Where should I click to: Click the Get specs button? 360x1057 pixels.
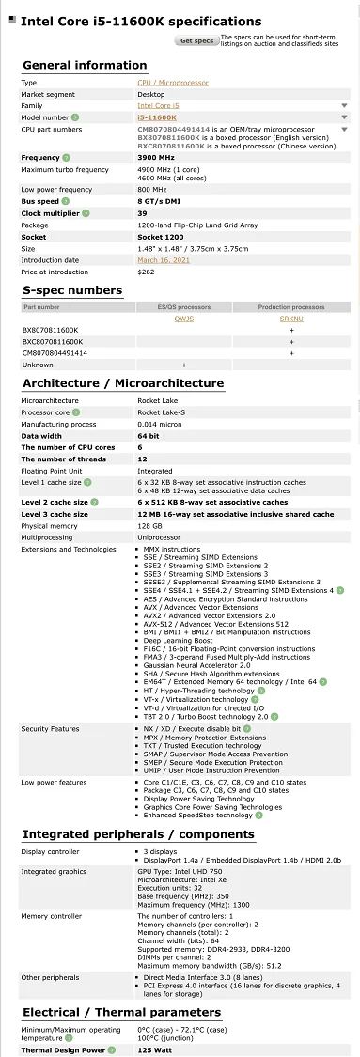(x=196, y=40)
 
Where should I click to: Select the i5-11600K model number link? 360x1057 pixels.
(x=156, y=117)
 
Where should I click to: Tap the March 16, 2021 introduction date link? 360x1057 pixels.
(x=164, y=260)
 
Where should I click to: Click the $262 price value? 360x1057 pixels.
(x=146, y=272)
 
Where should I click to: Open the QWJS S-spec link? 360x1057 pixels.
(x=183, y=318)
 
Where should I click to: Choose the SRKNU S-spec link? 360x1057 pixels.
(x=291, y=318)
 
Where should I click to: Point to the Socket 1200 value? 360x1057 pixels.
(x=161, y=238)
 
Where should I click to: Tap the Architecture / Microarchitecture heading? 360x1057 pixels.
(x=123, y=382)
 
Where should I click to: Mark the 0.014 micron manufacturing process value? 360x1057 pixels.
(x=163, y=423)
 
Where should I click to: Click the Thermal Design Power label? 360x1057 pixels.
(x=63, y=1049)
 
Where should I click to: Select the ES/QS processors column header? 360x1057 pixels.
(x=183, y=306)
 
